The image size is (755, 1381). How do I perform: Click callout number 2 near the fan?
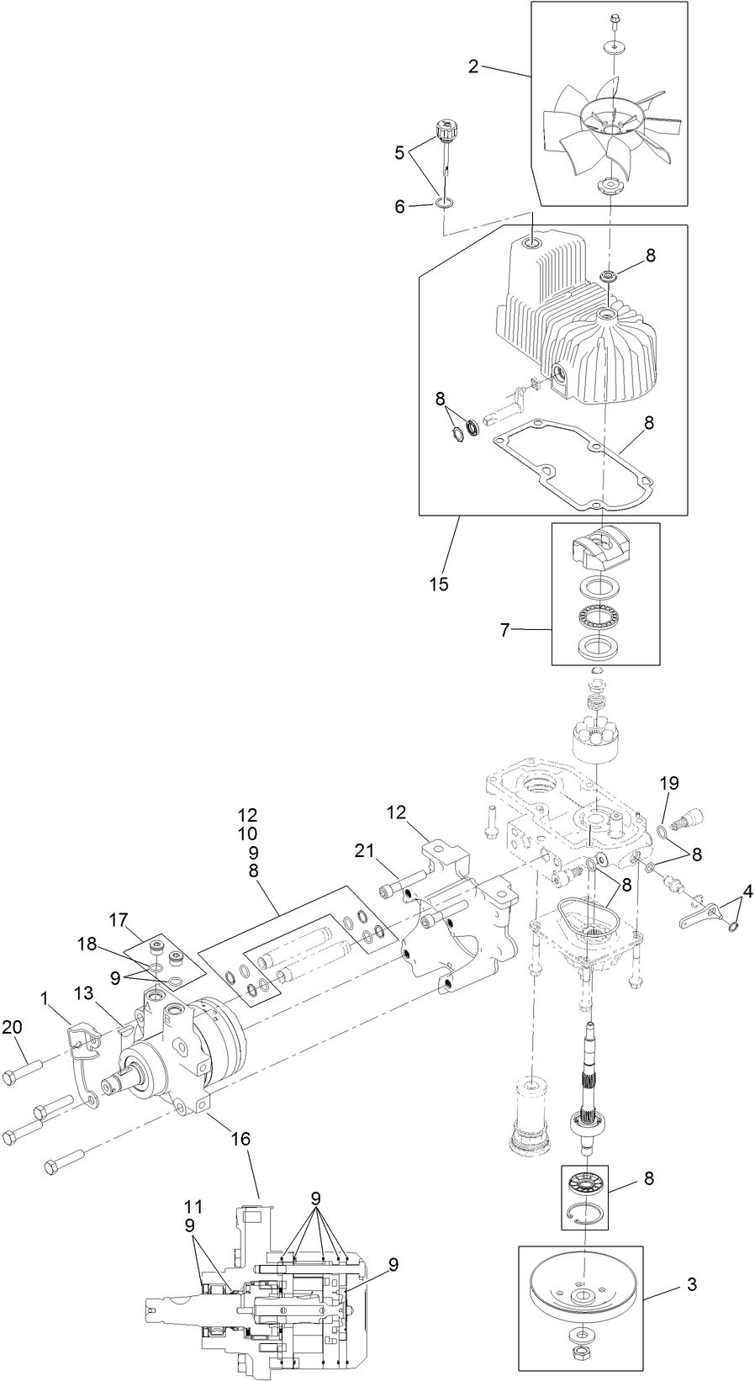point(474,66)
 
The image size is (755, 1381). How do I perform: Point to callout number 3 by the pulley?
point(691,1284)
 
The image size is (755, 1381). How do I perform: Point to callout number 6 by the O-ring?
point(400,206)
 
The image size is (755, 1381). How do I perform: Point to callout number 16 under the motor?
point(241,1139)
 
